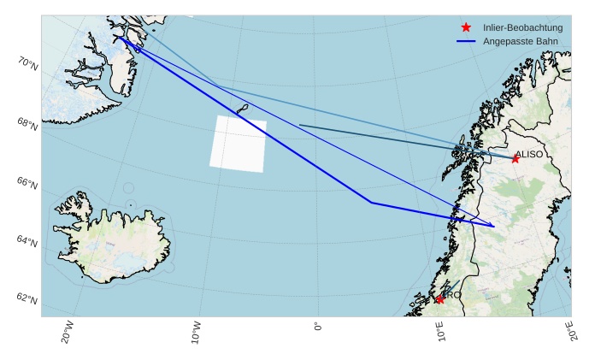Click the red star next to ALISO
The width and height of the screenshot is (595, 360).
515,159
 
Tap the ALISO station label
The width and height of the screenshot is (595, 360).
529,154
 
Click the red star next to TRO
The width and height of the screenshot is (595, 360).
439,299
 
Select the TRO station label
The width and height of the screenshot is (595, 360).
452,295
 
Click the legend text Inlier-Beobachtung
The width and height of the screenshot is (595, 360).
522,27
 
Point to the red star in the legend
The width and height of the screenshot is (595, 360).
466,27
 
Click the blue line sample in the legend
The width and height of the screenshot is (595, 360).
466,41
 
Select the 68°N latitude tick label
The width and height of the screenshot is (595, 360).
28,124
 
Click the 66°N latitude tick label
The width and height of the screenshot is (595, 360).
28,183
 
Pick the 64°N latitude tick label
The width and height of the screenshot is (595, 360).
28,242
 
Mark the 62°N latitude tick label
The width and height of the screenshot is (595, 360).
28,299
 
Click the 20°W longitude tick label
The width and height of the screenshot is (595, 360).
68,332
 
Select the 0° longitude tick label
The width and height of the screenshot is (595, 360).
318,327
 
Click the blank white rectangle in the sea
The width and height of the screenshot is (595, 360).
238,144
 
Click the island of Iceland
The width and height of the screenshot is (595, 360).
111,239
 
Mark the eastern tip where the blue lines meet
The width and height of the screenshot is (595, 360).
494,227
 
